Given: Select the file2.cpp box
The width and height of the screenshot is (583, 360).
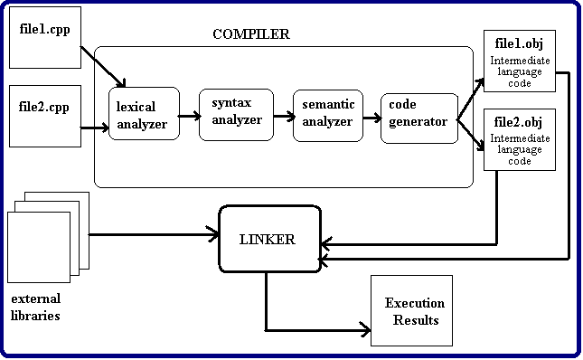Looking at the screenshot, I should [44, 116].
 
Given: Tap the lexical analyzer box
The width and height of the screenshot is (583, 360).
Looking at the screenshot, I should [143, 115].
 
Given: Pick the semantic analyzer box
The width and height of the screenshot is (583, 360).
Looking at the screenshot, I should [327, 116].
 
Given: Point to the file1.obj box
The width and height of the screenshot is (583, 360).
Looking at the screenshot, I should [519, 61].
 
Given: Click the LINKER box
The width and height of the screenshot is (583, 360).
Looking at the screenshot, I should [270, 240].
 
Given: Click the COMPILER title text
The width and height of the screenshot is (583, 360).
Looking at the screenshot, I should [251, 35].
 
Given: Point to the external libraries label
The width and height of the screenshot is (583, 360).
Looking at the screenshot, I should [35, 308].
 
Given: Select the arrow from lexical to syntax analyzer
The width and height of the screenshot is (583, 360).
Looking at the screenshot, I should [189, 116].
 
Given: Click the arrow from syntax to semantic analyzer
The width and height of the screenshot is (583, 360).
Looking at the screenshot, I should [281, 116].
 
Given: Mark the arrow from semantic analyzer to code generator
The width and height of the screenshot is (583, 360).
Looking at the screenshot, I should [371, 117].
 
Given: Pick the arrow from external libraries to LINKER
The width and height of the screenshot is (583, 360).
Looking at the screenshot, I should [154, 236].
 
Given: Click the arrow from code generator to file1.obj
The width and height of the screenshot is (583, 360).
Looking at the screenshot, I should [470, 100].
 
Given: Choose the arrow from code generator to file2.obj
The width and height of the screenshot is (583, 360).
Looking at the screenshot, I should [470, 134].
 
